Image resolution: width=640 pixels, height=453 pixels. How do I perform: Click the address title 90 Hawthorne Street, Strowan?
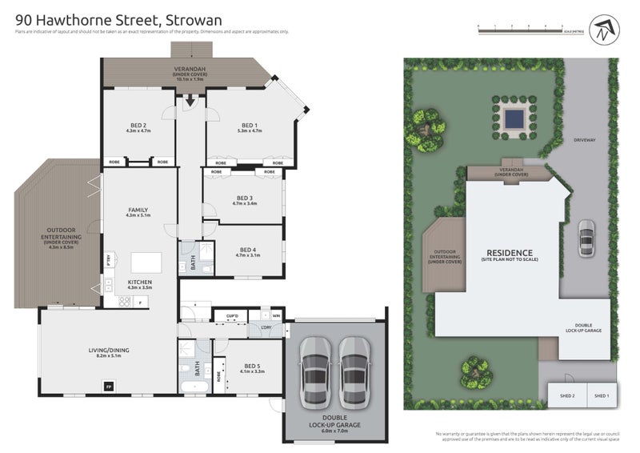coord(118,18)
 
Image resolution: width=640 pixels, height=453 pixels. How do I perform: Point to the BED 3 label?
coord(245,200)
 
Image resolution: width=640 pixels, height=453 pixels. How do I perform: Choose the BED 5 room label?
coord(250,367)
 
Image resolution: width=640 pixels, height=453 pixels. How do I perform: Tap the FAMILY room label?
coord(138,211)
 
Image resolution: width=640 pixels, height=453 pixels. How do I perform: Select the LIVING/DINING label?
coord(105,351)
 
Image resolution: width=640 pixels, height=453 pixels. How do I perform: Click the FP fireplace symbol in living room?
coord(108,387)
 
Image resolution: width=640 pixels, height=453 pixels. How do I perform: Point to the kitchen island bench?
coord(146,263)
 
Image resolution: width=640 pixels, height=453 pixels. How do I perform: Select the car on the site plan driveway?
coord(585,238)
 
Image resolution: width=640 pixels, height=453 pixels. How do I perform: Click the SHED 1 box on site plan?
coord(602,395)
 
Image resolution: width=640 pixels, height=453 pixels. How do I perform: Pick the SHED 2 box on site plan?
coord(566,395)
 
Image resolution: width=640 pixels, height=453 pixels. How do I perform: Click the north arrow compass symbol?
coord(600,30)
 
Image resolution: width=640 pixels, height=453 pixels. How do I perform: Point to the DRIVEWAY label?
coord(585,140)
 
